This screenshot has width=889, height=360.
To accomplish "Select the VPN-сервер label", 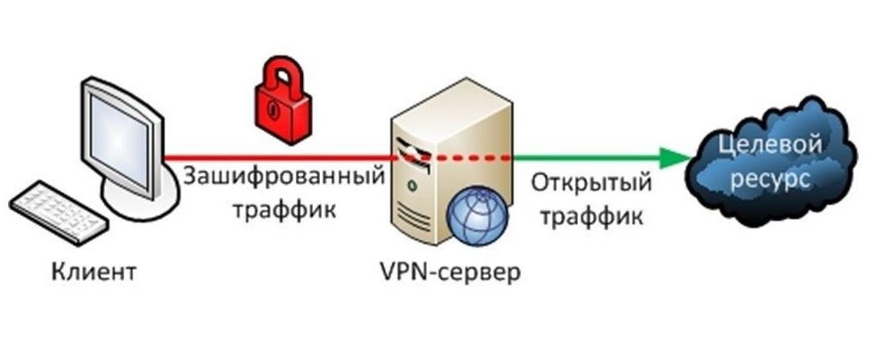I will (x=444, y=271).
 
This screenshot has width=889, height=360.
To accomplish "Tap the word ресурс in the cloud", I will (x=772, y=179).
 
